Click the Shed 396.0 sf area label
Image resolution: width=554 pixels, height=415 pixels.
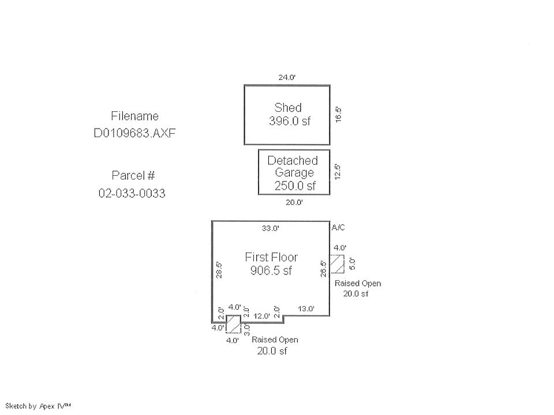(x=287, y=114)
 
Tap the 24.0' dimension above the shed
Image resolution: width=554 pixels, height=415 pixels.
(x=287, y=77)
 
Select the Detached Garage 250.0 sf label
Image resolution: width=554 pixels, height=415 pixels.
(x=293, y=173)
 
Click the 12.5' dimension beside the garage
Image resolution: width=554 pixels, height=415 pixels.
(x=338, y=172)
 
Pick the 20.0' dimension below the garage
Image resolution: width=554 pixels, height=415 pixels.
(x=294, y=202)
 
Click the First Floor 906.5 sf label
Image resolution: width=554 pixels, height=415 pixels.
(x=271, y=263)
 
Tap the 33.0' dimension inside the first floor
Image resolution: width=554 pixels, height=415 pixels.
(x=271, y=228)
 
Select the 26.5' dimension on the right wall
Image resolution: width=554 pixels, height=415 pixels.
(x=324, y=269)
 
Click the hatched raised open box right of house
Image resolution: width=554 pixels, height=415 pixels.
(x=337, y=263)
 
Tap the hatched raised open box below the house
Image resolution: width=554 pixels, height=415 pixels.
(x=233, y=324)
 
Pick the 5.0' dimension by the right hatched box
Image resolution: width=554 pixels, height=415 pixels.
(x=352, y=263)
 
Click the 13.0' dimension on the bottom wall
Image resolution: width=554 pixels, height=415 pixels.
(x=305, y=308)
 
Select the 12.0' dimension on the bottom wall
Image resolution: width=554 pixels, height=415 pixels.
(x=262, y=315)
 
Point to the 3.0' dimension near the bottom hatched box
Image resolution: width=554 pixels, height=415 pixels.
(x=246, y=329)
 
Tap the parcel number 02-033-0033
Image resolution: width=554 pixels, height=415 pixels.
(x=132, y=194)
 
